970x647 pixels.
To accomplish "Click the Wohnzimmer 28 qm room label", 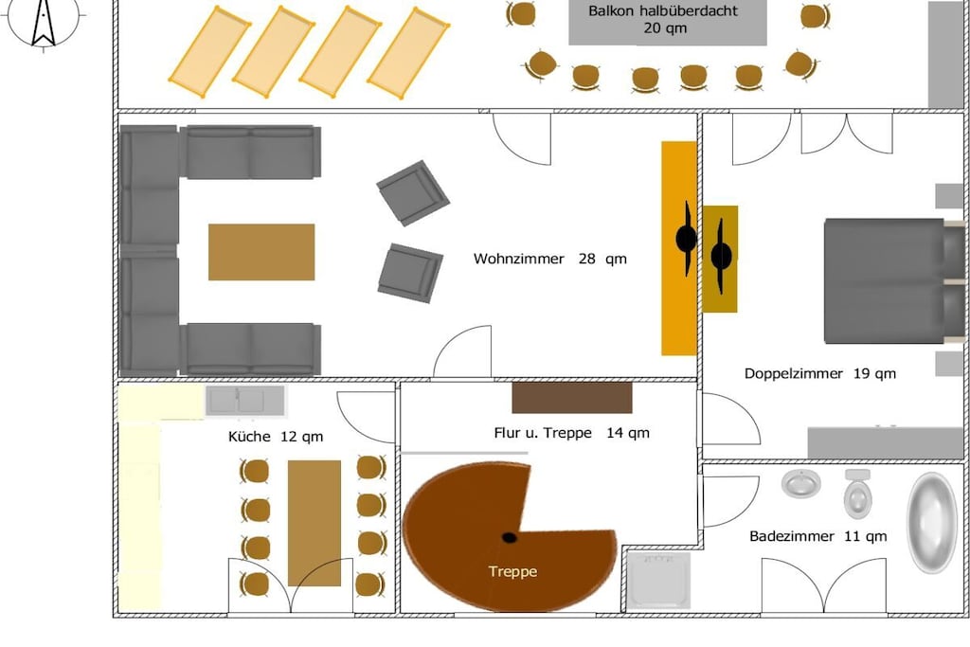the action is coord(550,259).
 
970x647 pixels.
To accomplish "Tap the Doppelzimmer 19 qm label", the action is coord(819,373).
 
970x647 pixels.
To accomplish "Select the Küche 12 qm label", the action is coord(276,437).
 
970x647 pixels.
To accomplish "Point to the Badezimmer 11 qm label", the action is coord(817,536).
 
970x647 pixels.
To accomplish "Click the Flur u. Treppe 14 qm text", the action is coord(571,433).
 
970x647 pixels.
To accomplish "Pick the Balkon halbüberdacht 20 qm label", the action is coord(664,19).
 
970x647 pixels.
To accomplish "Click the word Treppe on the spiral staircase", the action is coord(512,571).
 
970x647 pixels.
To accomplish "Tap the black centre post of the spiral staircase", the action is coord(509,537).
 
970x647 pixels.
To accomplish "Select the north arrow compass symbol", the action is coord(44,22).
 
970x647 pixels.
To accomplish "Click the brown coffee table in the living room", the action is coord(261,252).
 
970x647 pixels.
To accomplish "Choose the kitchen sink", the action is coord(245,401).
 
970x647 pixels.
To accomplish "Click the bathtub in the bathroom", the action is coord(932,523).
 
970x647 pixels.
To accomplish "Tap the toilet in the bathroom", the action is coord(857,493).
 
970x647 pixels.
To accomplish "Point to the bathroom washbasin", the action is coord(801,483).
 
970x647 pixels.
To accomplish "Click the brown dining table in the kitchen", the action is coord(314,523).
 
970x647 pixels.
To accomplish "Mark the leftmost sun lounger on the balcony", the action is coord(210,52).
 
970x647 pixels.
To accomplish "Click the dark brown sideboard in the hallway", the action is coord(572,398).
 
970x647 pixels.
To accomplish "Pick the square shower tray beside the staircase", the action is coord(659,581).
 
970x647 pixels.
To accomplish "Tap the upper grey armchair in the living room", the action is coord(413,193).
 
